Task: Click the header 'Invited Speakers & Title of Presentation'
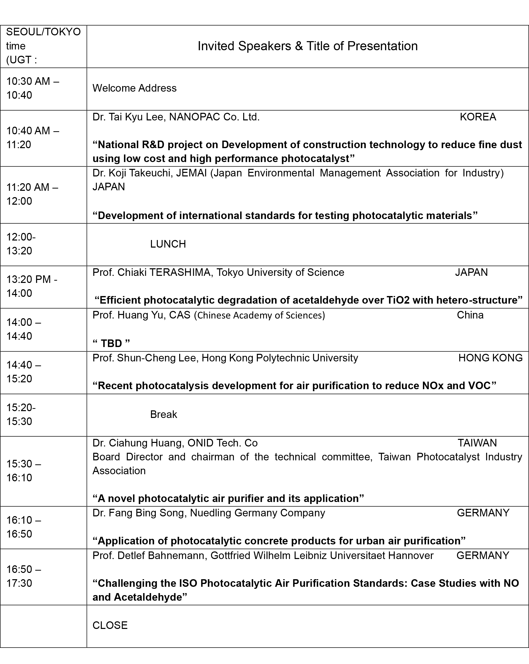pyautogui.click(x=307, y=46)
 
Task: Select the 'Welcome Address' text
pyautogui.click(x=134, y=88)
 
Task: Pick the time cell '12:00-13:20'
pyautogui.click(x=21, y=244)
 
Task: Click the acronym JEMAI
pyautogui.click(x=191, y=173)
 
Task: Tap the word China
pyautogui.click(x=470, y=315)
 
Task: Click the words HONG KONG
pyautogui.click(x=490, y=358)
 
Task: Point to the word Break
pyautogui.click(x=164, y=415)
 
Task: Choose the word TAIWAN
pyautogui.click(x=477, y=443)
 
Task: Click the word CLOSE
pyautogui.click(x=110, y=625)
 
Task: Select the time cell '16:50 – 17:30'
pyautogui.click(x=23, y=576)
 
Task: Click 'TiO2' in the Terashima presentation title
pyautogui.click(x=398, y=300)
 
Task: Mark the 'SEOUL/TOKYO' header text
pyautogui.click(x=43, y=32)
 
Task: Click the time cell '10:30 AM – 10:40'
pyautogui.click(x=33, y=88)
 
